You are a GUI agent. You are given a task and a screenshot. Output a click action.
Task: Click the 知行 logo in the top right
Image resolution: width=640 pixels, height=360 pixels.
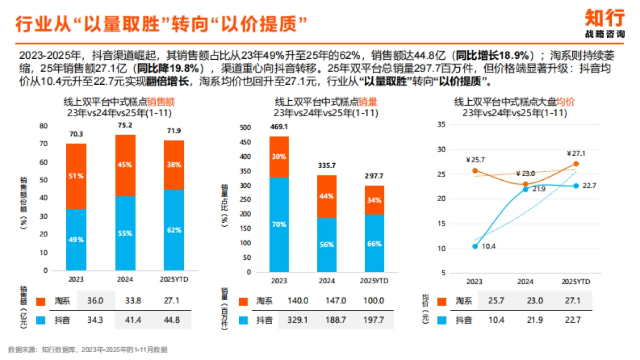[605, 18]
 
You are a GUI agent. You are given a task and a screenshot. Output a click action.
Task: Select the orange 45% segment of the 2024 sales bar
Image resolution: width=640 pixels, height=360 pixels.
[125, 165]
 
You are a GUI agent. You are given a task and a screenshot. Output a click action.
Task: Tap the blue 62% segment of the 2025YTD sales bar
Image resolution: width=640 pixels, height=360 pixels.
[173, 230]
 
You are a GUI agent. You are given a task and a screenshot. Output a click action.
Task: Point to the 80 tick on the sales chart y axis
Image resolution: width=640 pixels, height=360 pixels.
[44, 126]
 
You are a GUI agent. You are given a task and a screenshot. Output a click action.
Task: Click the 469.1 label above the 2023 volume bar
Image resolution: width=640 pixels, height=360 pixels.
[279, 127]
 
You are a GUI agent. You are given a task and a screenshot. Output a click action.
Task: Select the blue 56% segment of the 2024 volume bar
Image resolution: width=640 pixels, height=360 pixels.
[327, 244]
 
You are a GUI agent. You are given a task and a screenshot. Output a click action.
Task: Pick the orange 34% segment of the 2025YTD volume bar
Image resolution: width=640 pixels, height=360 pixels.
[374, 200]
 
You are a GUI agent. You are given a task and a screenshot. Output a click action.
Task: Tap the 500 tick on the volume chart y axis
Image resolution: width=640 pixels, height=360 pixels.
[245, 127]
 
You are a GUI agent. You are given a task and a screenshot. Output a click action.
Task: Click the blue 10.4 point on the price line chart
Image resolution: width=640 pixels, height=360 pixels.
[475, 246]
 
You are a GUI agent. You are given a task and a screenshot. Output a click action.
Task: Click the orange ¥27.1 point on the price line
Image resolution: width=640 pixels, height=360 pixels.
[575, 164]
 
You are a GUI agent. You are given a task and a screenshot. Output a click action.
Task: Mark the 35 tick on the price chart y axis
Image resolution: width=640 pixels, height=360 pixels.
[441, 124]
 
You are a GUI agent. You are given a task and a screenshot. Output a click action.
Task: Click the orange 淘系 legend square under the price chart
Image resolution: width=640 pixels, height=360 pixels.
[442, 301]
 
